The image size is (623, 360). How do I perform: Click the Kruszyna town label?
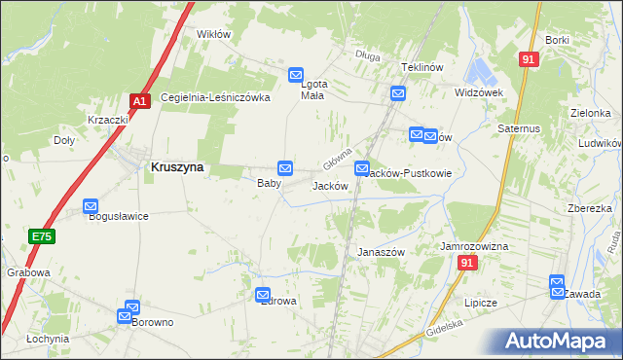pos(176,167)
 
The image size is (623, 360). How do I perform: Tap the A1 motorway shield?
pos(139,100)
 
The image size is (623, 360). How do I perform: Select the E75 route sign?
pos(40,236)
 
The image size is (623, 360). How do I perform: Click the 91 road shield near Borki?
pos(529,59)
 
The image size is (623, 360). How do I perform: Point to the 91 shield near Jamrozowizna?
pos(469,264)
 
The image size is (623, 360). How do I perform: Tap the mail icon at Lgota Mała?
pos(296,74)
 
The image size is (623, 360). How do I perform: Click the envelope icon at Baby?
pos(284,168)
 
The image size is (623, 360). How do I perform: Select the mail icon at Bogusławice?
pos(91,206)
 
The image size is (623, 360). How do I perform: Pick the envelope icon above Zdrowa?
pos(263,295)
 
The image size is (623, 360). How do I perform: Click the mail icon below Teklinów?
pos(398,93)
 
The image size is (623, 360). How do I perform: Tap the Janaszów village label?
pos(381,251)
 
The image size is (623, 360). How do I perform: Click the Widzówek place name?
pos(478,92)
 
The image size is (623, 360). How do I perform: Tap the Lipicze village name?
pos(481,303)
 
